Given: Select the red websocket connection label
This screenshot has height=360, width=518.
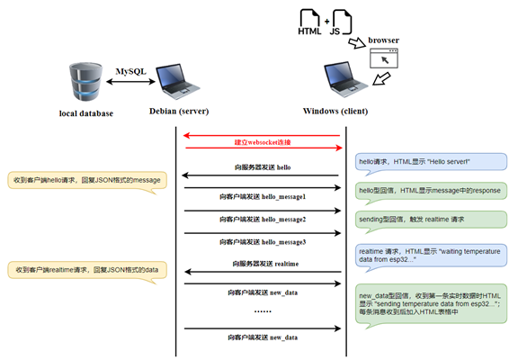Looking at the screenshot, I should pyautogui.click(x=262, y=142).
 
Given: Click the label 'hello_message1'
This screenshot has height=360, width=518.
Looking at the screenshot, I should pyautogui.click(x=262, y=195).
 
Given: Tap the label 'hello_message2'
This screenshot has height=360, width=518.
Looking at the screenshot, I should pyautogui.click(x=262, y=219).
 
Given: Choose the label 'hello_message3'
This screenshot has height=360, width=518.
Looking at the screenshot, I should pyautogui.click(x=262, y=241).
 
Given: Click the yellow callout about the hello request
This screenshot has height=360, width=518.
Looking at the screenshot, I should pyautogui.click(x=85, y=180).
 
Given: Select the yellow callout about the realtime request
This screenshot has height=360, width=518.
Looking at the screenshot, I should pyautogui.click(x=87, y=269).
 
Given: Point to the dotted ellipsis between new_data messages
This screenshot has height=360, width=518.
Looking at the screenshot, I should pyautogui.click(x=262, y=311).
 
